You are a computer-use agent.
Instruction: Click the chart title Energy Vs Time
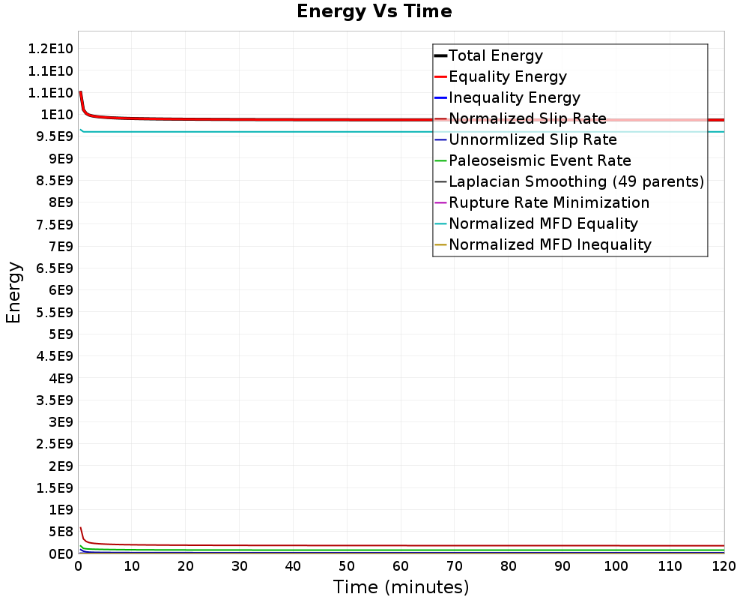[x=374, y=11]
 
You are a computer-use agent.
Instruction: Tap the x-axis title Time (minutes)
[x=401, y=586]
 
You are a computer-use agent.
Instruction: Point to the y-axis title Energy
[x=13, y=292]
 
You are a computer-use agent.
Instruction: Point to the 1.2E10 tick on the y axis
[x=50, y=49]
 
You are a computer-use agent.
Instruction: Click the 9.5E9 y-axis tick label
[x=55, y=136]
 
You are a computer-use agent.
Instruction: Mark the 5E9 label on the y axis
[x=61, y=334]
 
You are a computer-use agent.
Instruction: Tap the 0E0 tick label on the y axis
[x=61, y=553]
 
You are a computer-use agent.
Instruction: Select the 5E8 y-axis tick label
[x=61, y=532]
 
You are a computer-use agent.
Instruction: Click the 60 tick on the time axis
[x=401, y=566]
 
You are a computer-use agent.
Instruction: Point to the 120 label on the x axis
[x=724, y=566]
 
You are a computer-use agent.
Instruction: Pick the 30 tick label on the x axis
[x=240, y=566]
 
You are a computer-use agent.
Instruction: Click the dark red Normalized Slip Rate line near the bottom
[x=401, y=545]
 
